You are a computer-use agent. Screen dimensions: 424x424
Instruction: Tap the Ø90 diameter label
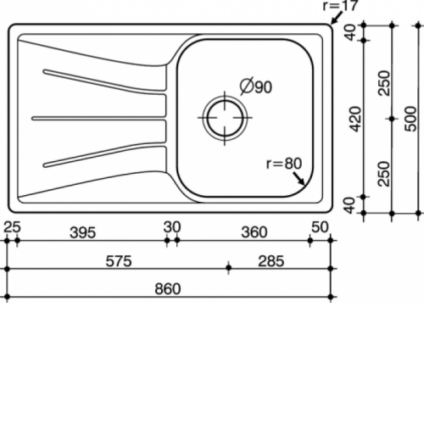[x=256, y=86]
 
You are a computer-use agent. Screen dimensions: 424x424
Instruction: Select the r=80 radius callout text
[x=284, y=164]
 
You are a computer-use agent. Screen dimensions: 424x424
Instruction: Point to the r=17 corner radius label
[x=340, y=6]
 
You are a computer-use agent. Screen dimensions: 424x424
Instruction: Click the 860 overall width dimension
[x=168, y=289]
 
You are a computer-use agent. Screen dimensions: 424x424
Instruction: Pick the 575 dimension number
[x=119, y=261]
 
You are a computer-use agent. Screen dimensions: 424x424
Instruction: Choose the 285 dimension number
[x=271, y=261]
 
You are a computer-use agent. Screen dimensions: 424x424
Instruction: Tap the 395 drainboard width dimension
[x=83, y=232]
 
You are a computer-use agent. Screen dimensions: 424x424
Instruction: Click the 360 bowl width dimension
[x=254, y=232]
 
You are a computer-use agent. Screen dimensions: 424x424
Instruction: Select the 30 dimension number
[x=172, y=227]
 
